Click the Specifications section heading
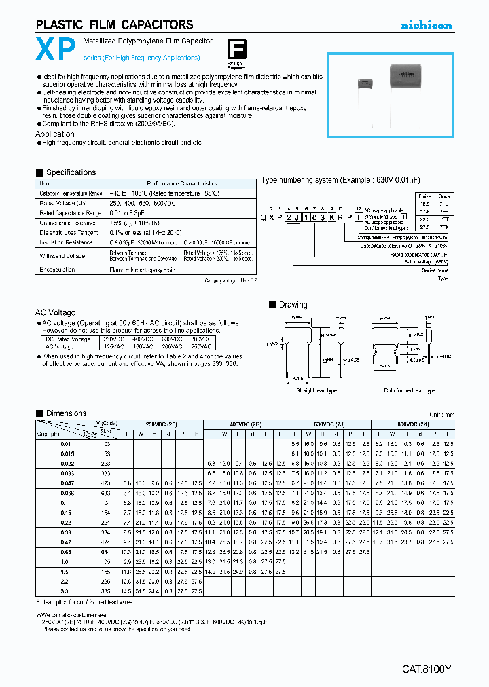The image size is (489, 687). [x=71, y=172]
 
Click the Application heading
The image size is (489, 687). [x=54, y=134]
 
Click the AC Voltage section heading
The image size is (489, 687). [x=56, y=312]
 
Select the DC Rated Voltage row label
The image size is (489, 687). [x=68, y=339]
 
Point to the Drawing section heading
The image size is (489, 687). [x=293, y=305]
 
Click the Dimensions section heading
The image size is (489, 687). [x=66, y=413]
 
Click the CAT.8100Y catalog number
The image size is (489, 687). [x=425, y=669]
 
